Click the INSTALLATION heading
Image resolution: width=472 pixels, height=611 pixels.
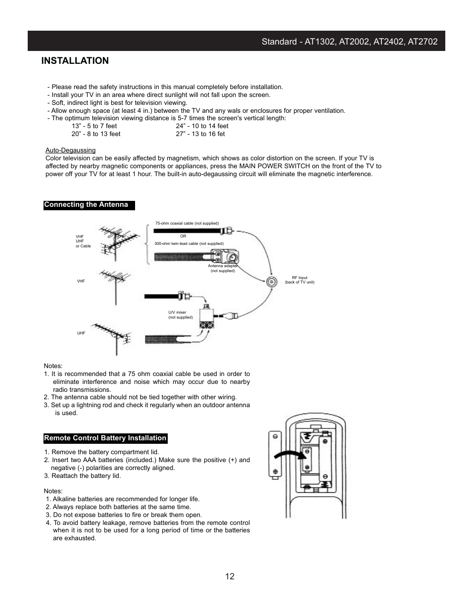point(75,61)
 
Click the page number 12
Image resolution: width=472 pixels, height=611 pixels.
point(230,576)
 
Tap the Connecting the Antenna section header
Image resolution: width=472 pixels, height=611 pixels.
point(86,205)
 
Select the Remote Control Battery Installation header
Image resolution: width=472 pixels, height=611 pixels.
point(105,438)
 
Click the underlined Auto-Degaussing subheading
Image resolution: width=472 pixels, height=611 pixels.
point(70,150)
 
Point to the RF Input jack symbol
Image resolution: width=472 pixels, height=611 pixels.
point(272,282)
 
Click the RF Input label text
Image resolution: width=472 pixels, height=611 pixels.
point(299,280)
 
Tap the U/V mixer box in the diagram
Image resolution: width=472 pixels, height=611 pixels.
point(207,317)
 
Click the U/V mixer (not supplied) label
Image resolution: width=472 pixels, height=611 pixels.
point(180,315)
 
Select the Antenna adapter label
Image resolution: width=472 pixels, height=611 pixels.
point(223,268)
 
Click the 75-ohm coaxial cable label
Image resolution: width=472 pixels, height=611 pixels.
point(187,224)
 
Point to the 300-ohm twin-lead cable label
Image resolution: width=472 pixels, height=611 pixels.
point(189,243)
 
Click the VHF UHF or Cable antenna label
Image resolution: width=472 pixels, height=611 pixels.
point(83,241)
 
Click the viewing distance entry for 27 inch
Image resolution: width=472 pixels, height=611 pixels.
point(200,134)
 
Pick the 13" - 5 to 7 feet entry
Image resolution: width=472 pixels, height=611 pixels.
point(94,126)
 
